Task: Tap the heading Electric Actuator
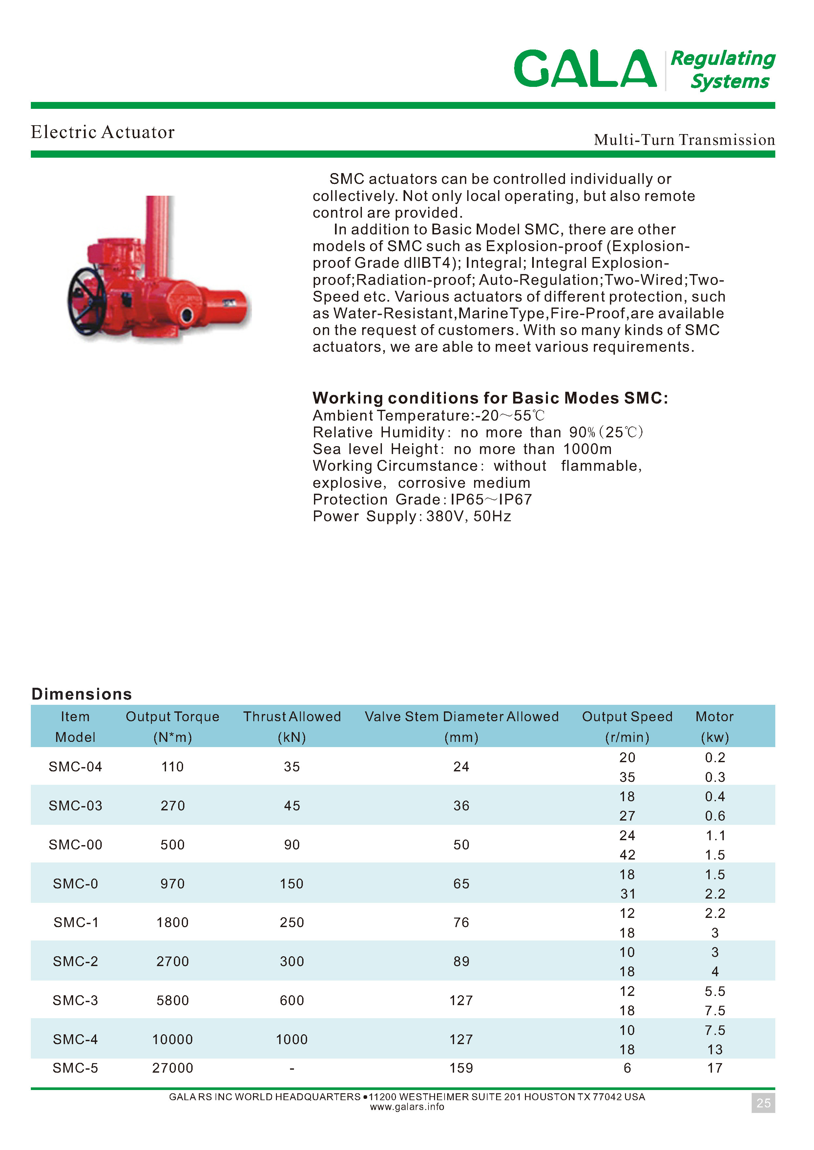103,132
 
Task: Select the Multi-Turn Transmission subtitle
684,140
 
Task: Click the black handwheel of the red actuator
87,302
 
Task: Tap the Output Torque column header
173,717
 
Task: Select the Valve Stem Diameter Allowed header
461,717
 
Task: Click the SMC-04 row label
75,767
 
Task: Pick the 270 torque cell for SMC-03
173,806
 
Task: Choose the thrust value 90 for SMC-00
292,845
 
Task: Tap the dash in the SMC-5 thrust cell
292,1068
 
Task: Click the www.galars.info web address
407,1107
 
